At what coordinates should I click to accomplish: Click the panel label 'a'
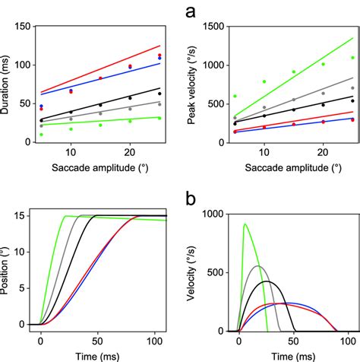click(193, 11)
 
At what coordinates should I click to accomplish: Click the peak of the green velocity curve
click(245, 224)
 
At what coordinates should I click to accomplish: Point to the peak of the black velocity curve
click(266, 281)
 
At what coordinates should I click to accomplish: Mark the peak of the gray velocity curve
click(257, 266)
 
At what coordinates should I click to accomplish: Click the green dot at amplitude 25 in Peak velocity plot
click(352, 58)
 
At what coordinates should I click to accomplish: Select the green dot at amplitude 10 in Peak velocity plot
click(264, 81)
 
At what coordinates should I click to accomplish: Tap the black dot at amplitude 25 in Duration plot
click(159, 94)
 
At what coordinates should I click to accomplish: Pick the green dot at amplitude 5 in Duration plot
click(41, 135)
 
